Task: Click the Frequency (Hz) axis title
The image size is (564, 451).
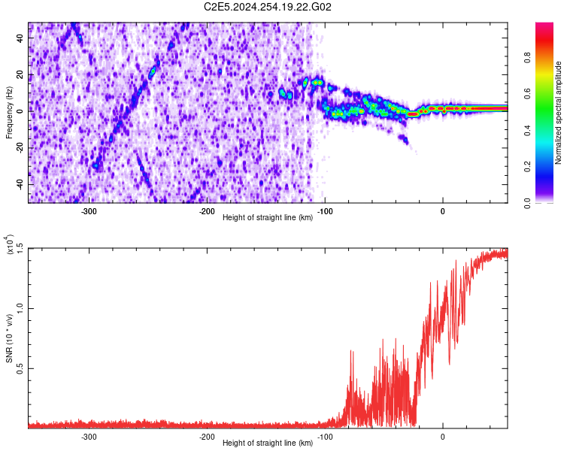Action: (9, 113)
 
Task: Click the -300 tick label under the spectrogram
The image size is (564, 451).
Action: (89, 211)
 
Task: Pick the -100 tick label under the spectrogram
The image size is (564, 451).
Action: (325, 211)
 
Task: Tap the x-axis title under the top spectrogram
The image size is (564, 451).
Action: (268, 217)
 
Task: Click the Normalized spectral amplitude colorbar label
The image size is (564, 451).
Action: (559, 113)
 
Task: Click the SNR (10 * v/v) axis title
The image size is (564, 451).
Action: (9, 338)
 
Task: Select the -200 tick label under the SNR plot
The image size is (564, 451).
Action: (208, 437)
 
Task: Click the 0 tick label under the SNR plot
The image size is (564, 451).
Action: (443, 437)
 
